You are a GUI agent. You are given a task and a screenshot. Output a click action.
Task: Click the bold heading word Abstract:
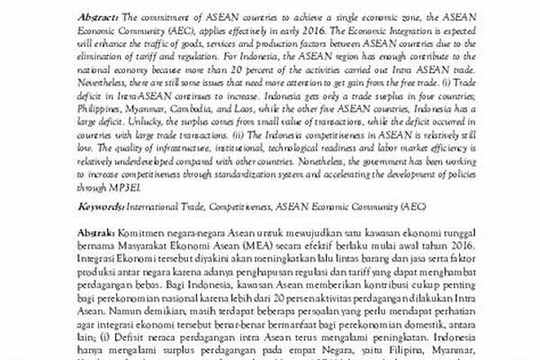98,17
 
